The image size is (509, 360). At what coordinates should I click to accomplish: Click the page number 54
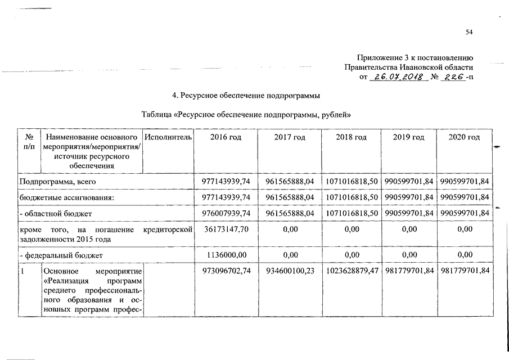coord(469,32)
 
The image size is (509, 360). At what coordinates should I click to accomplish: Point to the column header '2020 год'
coord(465,138)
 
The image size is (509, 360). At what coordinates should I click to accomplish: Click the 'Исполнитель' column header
coord(168,138)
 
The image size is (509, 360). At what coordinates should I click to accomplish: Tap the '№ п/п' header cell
coord(29,142)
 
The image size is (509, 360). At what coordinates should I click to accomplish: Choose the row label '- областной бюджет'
coord(56,214)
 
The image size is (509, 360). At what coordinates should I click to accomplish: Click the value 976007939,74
coord(225,214)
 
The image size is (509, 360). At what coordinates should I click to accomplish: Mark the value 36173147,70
coord(225,229)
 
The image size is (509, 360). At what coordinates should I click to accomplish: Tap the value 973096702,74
coord(225,271)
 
